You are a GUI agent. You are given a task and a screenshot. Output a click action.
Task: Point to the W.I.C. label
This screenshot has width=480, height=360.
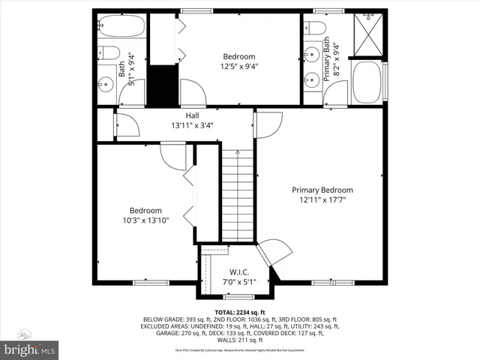238,272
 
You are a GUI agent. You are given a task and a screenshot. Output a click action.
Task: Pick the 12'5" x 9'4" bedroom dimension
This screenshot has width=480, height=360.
238,66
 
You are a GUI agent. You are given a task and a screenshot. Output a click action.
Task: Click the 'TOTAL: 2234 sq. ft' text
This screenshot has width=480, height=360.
239,311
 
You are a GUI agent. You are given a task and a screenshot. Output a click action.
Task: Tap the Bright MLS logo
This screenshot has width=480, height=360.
30,349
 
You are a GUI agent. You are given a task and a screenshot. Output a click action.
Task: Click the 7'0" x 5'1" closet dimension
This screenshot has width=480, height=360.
238,282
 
